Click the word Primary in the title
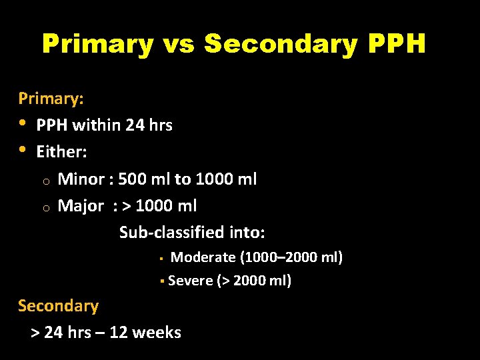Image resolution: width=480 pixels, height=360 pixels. [x=97, y=45]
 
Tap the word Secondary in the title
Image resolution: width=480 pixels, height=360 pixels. [x=281, y=45]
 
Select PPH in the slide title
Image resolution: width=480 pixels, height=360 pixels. [x=396, y=45]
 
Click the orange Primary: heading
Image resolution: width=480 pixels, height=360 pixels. [x=51, y=99]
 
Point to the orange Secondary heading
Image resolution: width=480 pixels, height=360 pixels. [x=58, y=306]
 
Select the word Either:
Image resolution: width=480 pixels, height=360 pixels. [x=62, y=152]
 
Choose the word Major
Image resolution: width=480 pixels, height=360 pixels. [x=81, y=206]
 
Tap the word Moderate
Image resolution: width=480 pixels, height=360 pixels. [x=203, y=257]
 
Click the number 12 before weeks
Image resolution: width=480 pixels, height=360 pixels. [x=119, y=332]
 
